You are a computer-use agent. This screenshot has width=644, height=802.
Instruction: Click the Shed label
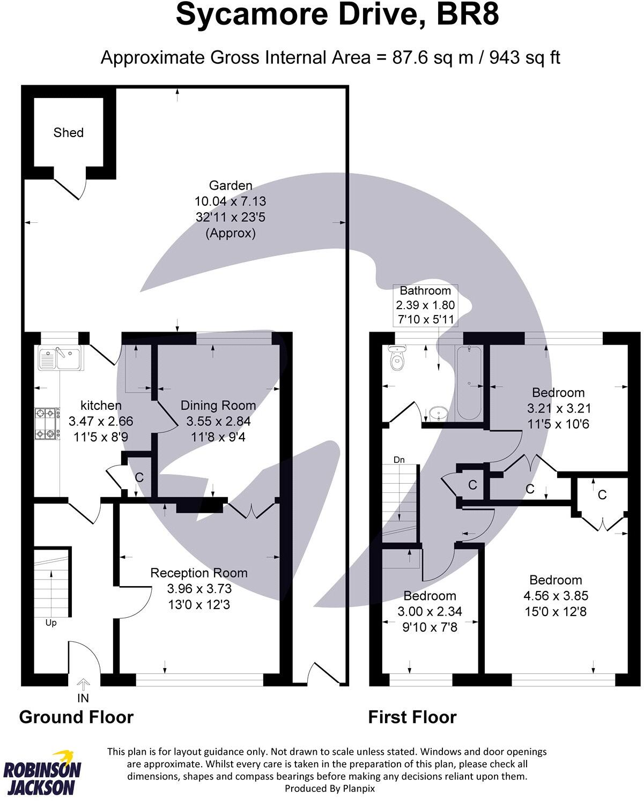(x=68, y=132)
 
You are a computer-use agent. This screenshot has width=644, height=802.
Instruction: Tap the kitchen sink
(x=59, y=358)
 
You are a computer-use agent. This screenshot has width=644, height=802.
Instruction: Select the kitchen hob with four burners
(x=47, y=423)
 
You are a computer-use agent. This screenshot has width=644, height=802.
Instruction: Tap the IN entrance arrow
(x=83, y=685)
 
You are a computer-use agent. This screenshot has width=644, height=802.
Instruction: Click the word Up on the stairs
(x=51, y=623)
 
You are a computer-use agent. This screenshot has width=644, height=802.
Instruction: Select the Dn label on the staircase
(x=399, y=460)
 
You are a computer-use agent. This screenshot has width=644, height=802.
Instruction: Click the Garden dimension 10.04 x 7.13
(x=230, y=201)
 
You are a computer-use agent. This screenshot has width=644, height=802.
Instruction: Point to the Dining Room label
(x=218, y=406)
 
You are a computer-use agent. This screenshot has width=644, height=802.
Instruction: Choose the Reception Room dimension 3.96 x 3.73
(x=199, y=588)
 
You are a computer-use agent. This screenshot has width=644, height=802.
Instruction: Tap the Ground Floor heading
(x=76, y=717)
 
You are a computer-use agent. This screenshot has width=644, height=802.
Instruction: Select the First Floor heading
(x=412, y=717)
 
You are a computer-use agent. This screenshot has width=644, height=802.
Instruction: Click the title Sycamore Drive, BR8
(x=337, y=15)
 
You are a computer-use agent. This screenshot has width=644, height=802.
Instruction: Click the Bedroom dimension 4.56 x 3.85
(x=555, y=595)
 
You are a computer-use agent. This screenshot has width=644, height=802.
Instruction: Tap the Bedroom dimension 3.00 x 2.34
(x=430, y=611)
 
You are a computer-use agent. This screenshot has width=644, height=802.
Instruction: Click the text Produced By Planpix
(x=329, y=788)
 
